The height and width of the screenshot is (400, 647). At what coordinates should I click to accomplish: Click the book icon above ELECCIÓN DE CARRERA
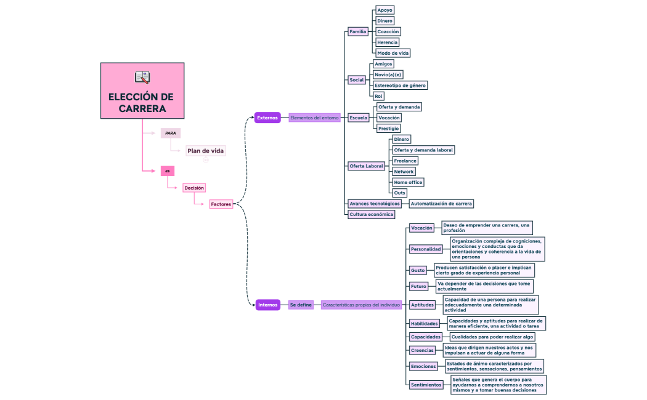point(142,77)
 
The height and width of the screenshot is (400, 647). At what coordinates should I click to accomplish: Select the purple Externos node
point(267,118)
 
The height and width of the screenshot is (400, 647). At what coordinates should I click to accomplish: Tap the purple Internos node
point(268,305)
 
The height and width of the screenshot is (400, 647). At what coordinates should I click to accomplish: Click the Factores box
point(221,204)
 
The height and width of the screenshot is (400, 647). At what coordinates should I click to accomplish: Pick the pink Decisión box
point(194,188)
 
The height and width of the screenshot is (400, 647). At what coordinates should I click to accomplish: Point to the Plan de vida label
point(206,151)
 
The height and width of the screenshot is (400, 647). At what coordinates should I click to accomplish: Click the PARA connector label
point(171,133)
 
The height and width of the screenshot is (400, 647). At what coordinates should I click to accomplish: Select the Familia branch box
point(358,31)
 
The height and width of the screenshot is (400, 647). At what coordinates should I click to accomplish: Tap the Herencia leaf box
point(388,42)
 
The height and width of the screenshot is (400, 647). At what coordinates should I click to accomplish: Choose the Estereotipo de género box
point(400,86)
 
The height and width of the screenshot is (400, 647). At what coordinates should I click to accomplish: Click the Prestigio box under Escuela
point(389,129)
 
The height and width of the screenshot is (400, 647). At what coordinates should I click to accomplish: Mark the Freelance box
point(405,161)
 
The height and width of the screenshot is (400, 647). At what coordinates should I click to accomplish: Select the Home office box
point(409,182)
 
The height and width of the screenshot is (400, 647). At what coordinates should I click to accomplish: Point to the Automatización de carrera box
point(442,204)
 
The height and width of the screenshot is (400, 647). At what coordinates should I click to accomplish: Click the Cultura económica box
point(371,214)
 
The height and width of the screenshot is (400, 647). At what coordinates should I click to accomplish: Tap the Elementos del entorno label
point(314,118)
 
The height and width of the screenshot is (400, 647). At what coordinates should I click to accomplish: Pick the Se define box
point(301,305)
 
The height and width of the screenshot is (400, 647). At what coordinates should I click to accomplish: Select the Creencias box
point(423,350)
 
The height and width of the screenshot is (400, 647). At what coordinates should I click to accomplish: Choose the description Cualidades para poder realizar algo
point(492,337)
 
